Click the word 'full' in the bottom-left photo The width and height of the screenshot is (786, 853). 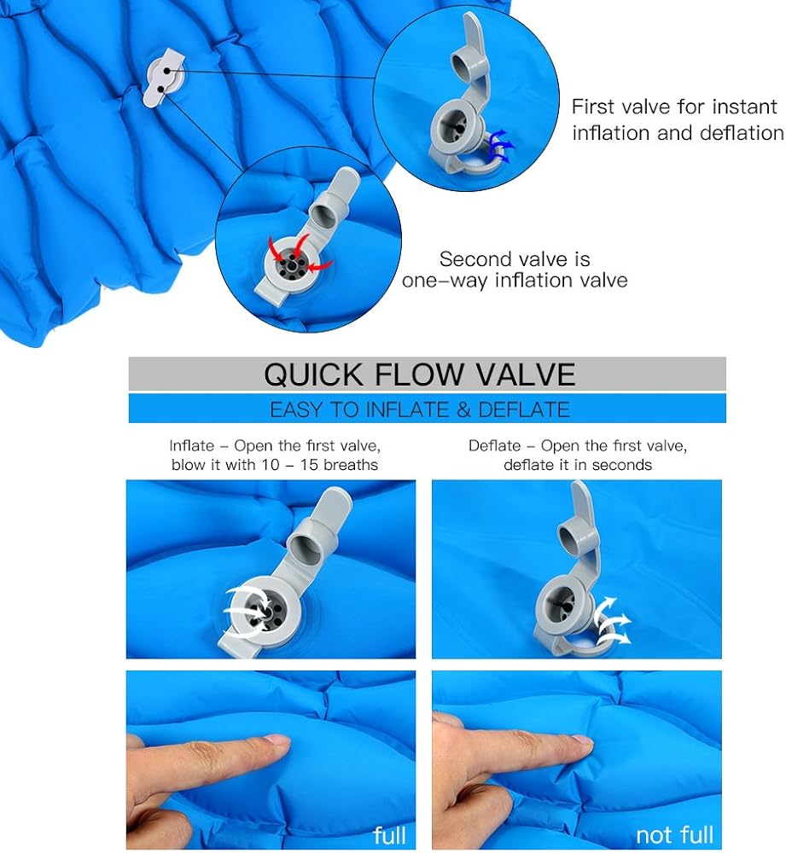(389, 834)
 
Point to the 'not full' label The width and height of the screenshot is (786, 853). (674, 834)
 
